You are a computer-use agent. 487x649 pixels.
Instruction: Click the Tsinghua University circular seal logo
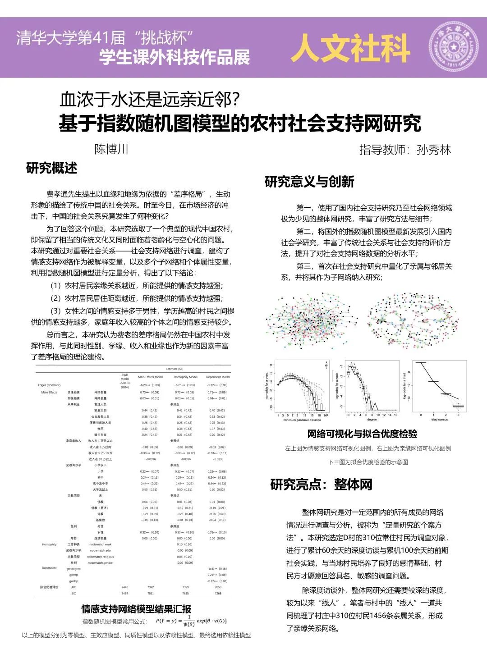[453, 47]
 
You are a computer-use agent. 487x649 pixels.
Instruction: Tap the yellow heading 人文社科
[351, 48]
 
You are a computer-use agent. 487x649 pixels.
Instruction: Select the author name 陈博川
[111, 149]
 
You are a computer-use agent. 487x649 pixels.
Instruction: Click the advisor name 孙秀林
[434, 150]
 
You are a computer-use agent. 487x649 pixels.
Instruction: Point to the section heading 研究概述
[52, 168]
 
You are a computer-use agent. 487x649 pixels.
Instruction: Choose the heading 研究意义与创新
[309, 182]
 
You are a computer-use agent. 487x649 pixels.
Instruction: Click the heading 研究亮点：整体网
[321, 484]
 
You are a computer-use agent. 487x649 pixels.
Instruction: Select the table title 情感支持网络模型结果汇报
[136, 609]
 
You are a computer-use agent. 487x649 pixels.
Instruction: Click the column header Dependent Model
[218, 377]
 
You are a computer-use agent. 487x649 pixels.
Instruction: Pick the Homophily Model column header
[185, 377]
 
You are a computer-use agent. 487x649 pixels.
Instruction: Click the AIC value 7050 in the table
[218, 587]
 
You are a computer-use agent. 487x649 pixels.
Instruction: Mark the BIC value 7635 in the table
[185, 594]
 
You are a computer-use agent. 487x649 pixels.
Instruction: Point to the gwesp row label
[74, 575]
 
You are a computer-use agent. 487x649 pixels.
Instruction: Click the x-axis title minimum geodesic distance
[302, 420]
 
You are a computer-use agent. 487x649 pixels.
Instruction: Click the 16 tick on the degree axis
[395, 414]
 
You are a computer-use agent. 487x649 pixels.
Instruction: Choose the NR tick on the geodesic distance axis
[326, 414]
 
